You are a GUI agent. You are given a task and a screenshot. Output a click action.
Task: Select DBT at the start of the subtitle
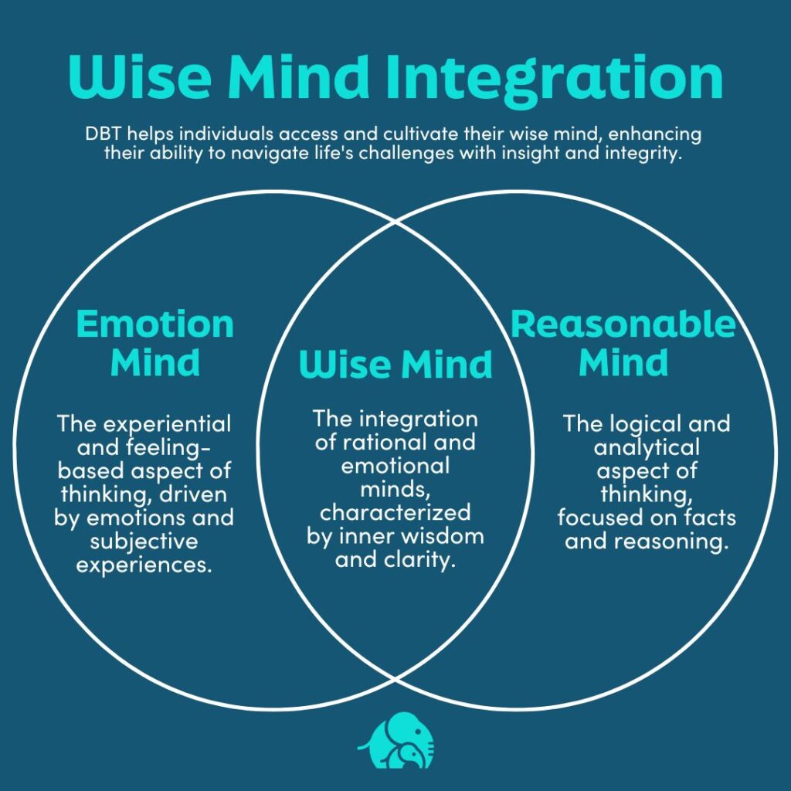[x=103, y=134]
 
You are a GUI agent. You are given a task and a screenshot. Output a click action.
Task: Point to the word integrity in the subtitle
[x=649, y=152]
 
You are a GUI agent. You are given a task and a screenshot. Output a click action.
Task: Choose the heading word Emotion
[x=154, y=324]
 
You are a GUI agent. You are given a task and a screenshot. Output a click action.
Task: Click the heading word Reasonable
[x=623, y=324]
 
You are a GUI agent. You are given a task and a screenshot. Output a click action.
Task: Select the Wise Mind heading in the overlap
[x=395, y=364]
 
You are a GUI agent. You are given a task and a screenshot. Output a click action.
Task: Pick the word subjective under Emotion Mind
[x=144, y=541]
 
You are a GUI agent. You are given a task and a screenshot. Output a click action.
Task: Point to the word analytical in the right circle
[x=647, y=447]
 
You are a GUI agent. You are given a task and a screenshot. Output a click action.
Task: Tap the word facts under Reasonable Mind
[x=708, y=517]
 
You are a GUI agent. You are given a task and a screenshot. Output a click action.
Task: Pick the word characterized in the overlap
[x=395, y=513]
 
